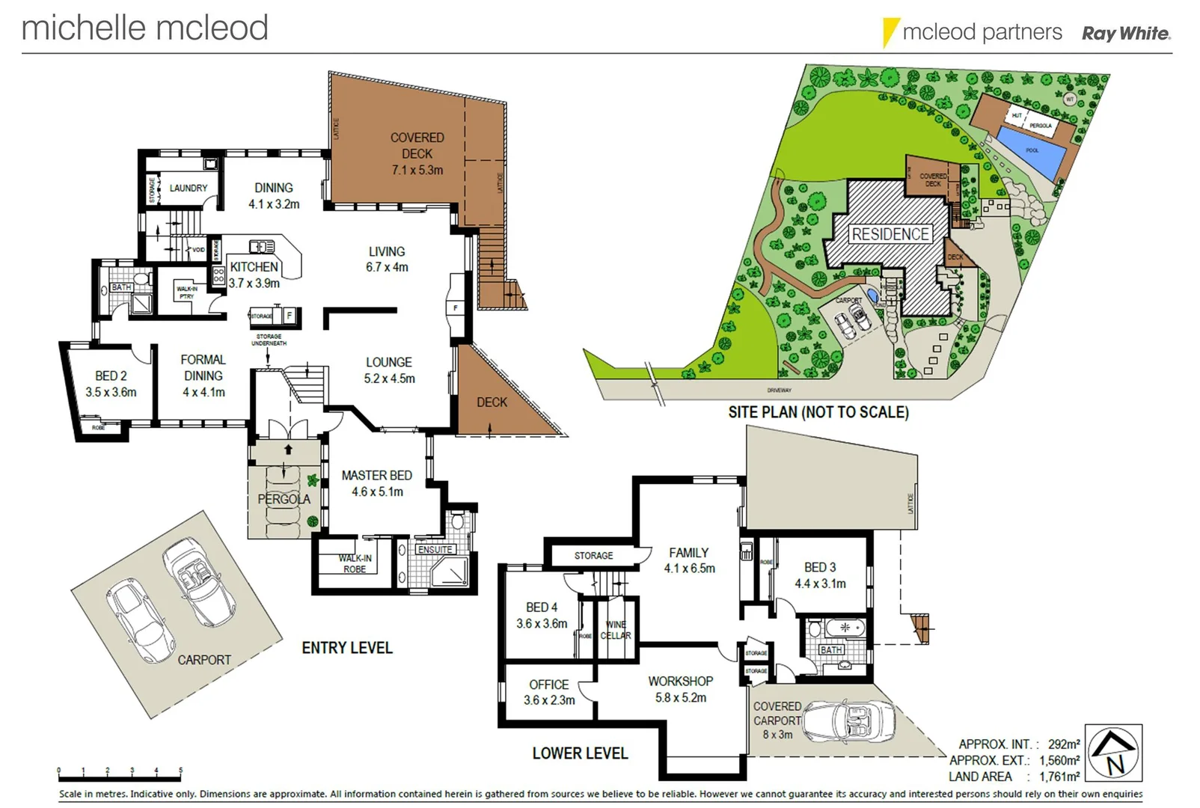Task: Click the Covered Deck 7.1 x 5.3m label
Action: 417,153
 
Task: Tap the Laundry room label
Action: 188,188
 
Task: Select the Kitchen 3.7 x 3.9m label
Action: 254,275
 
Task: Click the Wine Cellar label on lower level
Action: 616,629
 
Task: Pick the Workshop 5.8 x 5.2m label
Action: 680,689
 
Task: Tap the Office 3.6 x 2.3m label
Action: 548,692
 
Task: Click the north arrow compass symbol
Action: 1113,753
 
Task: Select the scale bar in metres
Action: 120,771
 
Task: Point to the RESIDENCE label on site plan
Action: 890,234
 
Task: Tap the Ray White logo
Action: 1126,33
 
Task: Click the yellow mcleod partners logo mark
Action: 890,32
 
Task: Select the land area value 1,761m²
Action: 1059,777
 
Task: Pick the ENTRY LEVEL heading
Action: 347,648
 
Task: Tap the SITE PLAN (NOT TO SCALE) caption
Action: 818,412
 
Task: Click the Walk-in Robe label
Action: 355,563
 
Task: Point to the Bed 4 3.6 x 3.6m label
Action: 542,615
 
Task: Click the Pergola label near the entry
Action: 284,499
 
